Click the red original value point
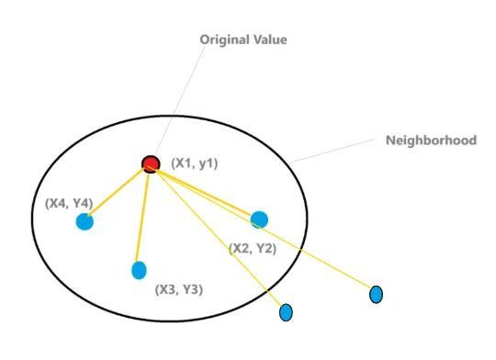tap(151, 164)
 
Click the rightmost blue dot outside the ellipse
tap(376, 295)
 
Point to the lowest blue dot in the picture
tap(286, 312)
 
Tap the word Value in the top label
tap(270, 39)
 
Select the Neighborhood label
tap(431, 141)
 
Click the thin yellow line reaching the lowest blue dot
tap(219, 238)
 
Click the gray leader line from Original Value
tap(180, 101)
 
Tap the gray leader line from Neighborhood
tap(333, 151)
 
